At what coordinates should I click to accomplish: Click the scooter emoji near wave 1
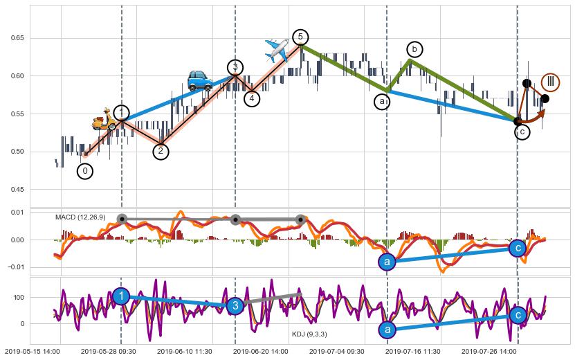104,120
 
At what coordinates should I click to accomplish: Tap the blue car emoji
199,80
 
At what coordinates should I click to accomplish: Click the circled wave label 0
84,170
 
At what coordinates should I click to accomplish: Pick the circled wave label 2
161,151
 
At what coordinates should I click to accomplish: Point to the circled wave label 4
252,98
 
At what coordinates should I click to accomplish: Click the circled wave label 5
300,37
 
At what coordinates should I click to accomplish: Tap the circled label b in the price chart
414,49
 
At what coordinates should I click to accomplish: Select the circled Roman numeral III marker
551,82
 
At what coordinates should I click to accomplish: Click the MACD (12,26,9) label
80,217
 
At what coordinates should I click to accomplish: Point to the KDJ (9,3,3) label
309,334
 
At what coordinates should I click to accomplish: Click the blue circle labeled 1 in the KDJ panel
121,296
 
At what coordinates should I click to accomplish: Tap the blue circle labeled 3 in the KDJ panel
235,305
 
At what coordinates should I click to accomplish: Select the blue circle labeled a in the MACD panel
387,262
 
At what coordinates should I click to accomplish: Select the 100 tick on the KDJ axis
18,297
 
